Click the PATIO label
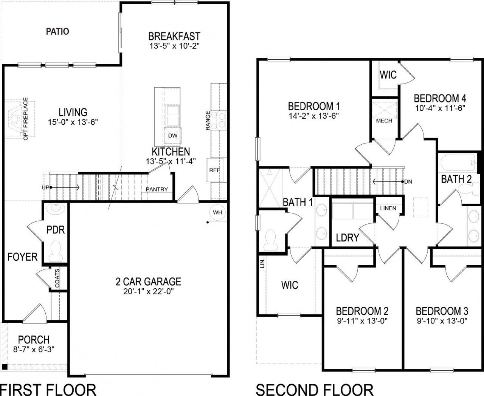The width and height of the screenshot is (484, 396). coord(57,31)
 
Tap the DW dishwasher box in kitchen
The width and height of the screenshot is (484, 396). coord(172,135)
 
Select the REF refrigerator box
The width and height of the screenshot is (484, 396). coord(214,170)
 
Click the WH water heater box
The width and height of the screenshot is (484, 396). coord(217,212)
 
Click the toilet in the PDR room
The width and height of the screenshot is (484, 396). coord(56,249)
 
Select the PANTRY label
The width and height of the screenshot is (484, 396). coord(157,189)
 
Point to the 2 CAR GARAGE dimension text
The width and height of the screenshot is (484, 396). coord(148,291)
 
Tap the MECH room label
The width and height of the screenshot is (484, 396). coord(384,121)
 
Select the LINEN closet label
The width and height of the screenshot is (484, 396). coord(388,208)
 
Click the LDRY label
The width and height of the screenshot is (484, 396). coord(347,238)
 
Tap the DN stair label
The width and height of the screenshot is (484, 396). coord(408,182)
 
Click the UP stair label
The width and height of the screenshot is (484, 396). coord(45,187)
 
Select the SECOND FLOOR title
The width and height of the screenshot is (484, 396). coord(314,389)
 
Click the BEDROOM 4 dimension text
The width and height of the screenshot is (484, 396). coord(440,108)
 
